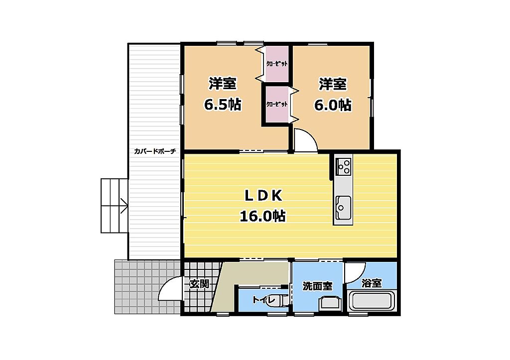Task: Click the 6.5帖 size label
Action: tap(223, 105)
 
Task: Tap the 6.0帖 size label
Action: tap(332, 105)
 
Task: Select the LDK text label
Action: tap(263, 196)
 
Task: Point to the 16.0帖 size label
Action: tap(263, 216)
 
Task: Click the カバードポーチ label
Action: tap(155, 151)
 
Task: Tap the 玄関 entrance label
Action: tap(199, 284)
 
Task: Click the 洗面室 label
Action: tap(317, 286)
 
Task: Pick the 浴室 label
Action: tap(372, 283)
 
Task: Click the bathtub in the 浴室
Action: tap(372, 301)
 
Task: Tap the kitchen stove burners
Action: tap(343, 166)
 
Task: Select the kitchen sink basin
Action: tap(343, 208)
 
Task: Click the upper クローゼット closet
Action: tap(276, 64)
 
